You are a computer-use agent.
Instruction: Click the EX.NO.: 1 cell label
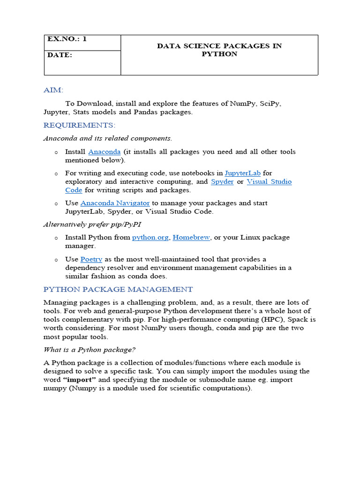[67, 39]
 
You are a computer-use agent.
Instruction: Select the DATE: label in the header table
[60, 55]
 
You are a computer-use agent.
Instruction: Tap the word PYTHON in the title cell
[219, 54]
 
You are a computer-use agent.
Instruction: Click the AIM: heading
[53, 90]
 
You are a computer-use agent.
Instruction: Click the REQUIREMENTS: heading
[79, 125]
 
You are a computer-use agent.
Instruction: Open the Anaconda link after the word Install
[104, 152]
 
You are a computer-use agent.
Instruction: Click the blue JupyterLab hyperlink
[242, 173]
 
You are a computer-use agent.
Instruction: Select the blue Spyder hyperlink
[222, 181]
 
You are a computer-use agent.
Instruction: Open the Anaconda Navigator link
[115, 203]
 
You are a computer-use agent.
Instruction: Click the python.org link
[150, 237]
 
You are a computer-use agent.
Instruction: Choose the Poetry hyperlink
[91, 259]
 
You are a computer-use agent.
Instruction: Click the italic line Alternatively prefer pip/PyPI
[92, 225]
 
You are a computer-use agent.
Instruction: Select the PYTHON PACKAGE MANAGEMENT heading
[118, 289]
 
